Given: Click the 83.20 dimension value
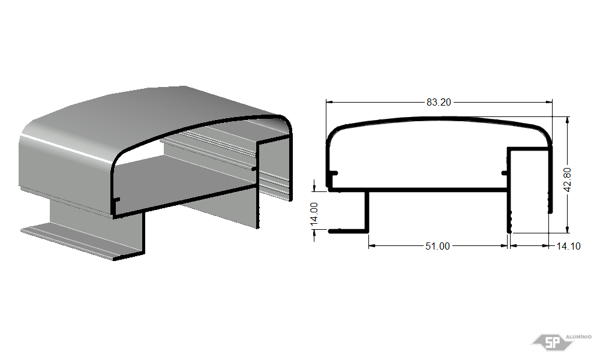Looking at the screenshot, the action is (439, 102).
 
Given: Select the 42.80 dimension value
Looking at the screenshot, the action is (568, 179).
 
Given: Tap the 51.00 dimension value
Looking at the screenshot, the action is (437, 246).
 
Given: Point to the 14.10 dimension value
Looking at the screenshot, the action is (568, 246).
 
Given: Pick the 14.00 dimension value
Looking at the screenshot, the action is (314, 214).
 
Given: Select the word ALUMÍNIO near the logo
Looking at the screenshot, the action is (578, 337).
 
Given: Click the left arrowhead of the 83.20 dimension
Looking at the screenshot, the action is (329, 102).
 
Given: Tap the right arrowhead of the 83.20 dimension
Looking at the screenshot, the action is (549, 102).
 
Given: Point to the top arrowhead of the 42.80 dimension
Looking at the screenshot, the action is (568, 121).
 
